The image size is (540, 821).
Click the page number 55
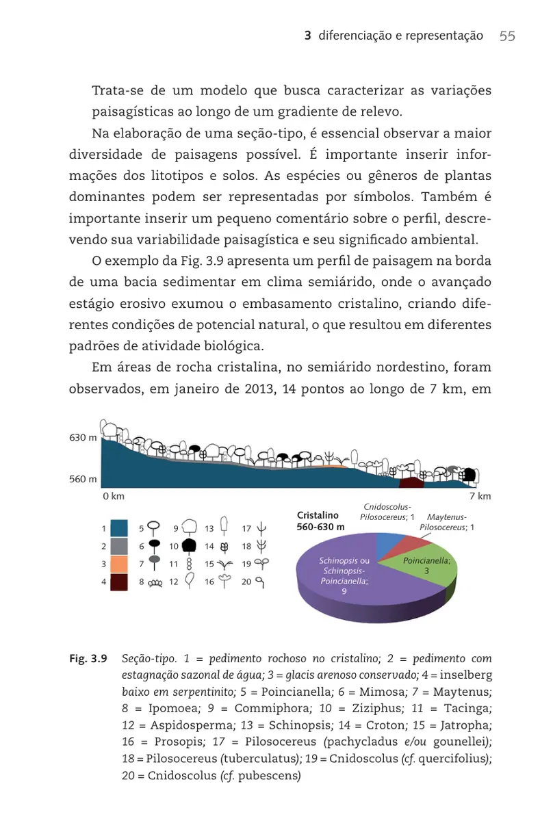[x=507, y=36]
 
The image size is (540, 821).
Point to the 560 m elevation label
[x=83, y=480]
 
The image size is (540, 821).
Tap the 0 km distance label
[x=113, y=495]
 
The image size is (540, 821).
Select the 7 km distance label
[x=480, y=495]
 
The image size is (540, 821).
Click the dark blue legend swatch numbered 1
[x=118, y=528]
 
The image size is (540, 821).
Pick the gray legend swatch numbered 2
[x=118, y=546]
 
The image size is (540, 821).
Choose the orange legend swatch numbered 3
[x=118, y=564]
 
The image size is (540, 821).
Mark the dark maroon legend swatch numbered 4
[x=118, y=582]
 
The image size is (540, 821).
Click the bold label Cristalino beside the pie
[x=318, y=515]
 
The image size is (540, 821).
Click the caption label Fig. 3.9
[x=88, y=660]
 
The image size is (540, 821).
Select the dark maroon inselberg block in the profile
[x=411, y=482]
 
